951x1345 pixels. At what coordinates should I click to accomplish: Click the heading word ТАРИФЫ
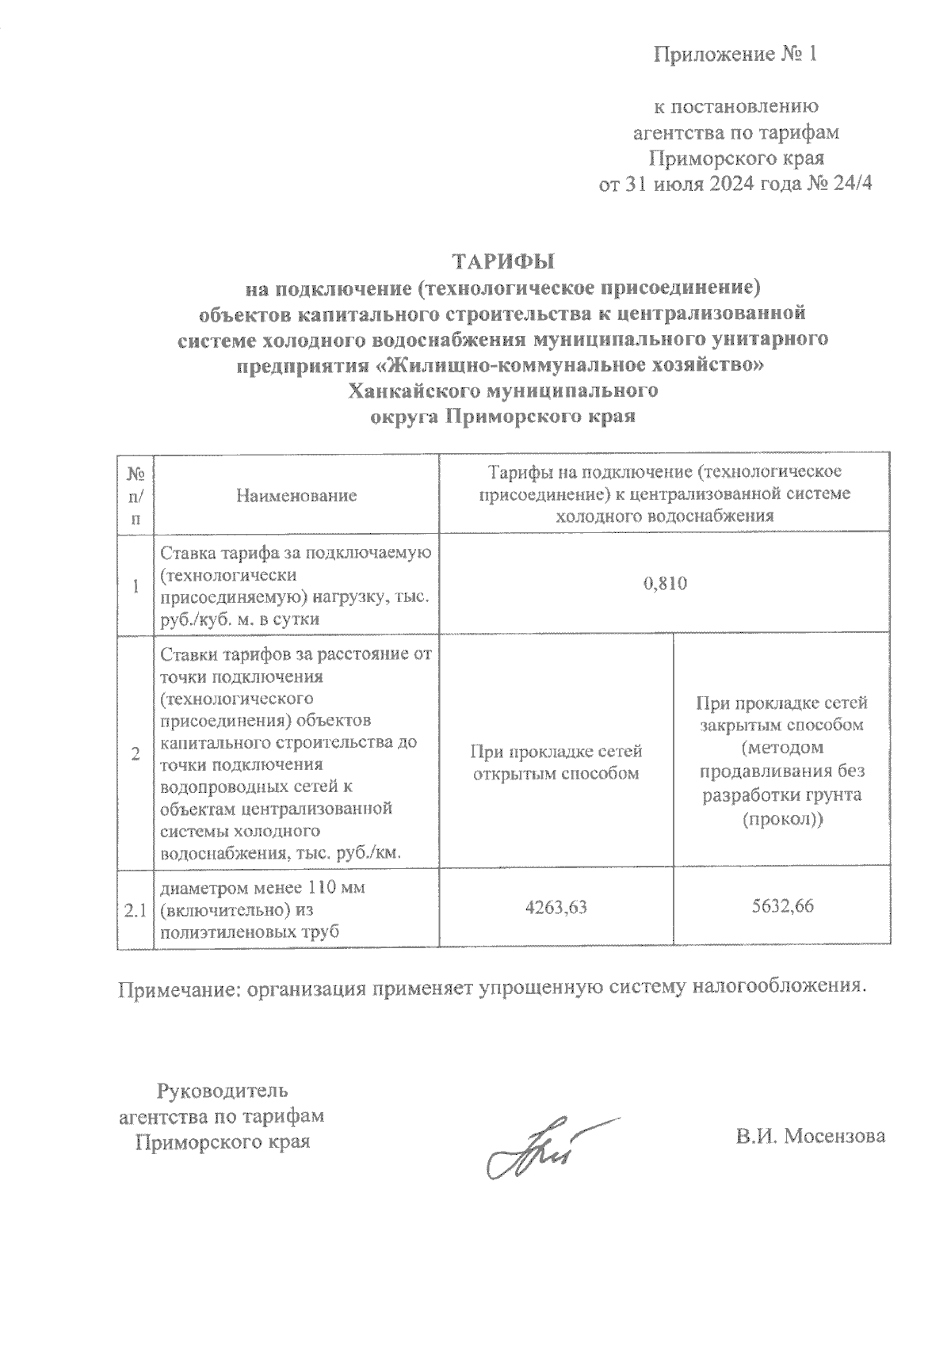pyautogui.click(x=503, y=261)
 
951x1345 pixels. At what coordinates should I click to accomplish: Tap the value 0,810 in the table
pyautogui.click(x=665, y=585)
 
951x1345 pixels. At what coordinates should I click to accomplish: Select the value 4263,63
pyautogui.click(x=556, y=907)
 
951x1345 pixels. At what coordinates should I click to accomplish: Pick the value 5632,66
pyautogui.click(x=781, y=907)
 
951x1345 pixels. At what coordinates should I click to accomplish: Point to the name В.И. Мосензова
pyautogui.click(x=809, y=1136)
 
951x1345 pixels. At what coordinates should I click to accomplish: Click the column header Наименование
pyautogui.click(x=296, y=496)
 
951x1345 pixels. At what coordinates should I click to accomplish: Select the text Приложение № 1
pyautogui.click(x=734, y=55)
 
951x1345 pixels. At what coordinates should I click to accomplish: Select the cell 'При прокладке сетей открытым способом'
pyautogui.click(x=556, y=762)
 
